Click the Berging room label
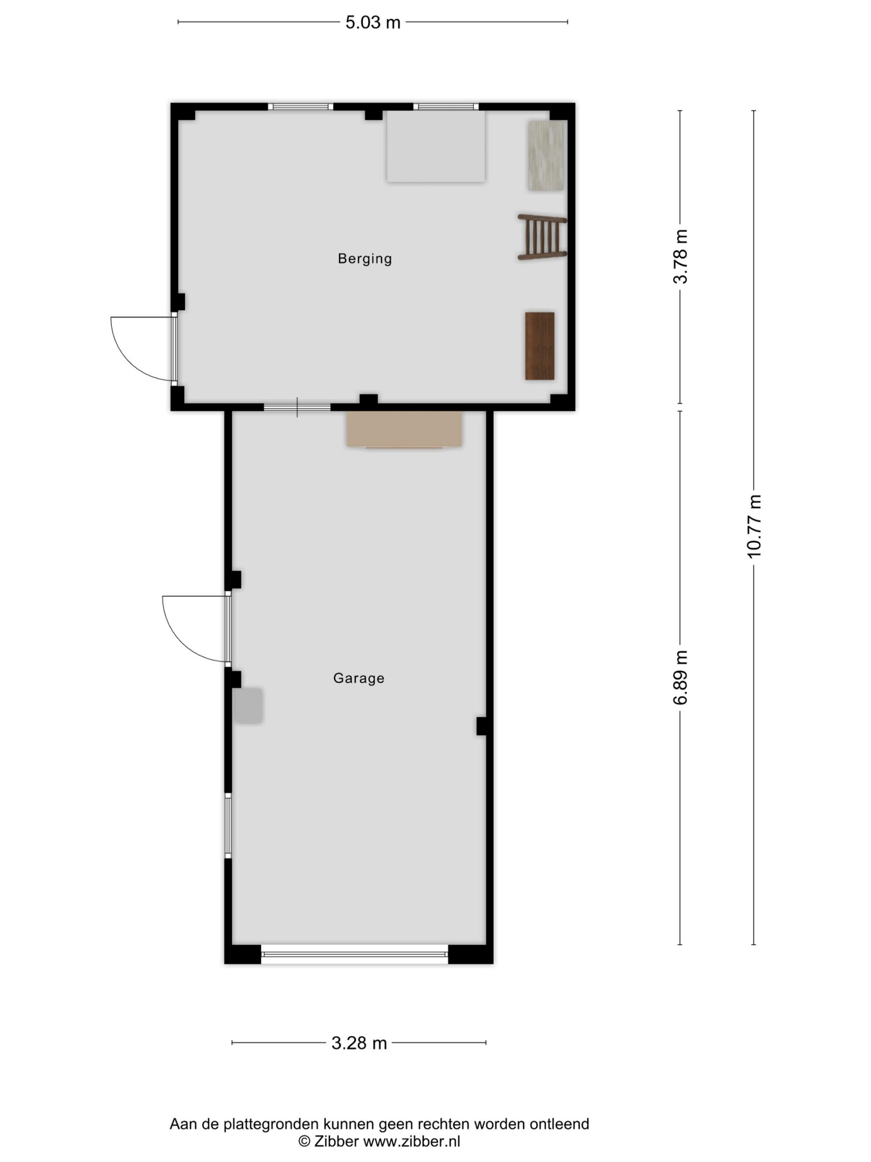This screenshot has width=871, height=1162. [x=364, y=258]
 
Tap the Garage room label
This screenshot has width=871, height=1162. [x=358, y=678]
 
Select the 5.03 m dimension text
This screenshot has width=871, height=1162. [x=373, y=23]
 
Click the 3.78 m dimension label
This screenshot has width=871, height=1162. [x=680, y=256]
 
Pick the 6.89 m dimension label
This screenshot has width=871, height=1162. [x=680, y=677]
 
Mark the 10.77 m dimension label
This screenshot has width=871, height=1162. [x=754, y=526]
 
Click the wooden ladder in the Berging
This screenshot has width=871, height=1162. [x=543, y=237]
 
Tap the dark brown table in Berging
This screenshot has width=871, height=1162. [x=540, y=346]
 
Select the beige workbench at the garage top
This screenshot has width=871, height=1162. [x=404, y=429]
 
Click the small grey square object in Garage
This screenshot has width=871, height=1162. [x=248, y=705]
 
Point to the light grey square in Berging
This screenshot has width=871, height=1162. [x=436, y=146]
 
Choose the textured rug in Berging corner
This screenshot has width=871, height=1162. [x=546, y=156]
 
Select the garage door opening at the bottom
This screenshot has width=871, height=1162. [x=354, y=954]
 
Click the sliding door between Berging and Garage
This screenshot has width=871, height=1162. [x=297, y=407]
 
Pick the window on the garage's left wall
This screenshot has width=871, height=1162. [x=228, y=825]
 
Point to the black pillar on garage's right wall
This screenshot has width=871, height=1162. [x=481, y=726]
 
